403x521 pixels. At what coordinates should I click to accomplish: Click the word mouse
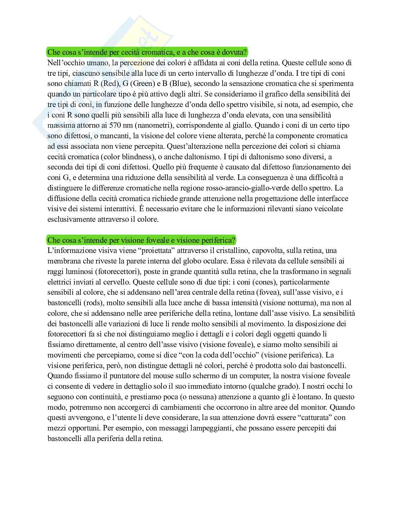click(148, 376)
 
